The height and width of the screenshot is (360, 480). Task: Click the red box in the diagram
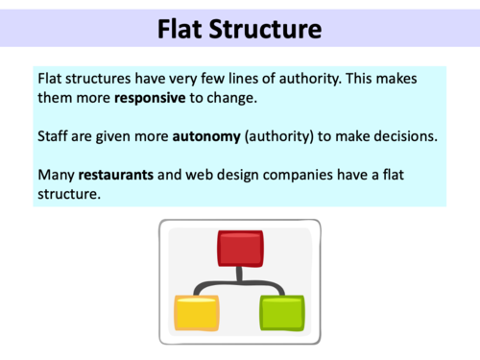tap(239, 249)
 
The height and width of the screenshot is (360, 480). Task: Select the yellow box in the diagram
tap(196, 312)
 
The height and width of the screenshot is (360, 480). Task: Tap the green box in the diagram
tap(282, 312)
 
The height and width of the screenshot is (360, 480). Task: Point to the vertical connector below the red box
tap(239, 276)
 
